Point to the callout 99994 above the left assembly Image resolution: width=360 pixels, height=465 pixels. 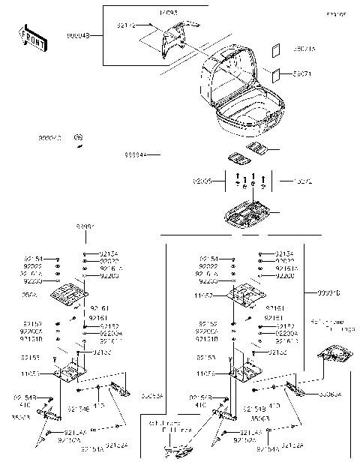pos(85,226)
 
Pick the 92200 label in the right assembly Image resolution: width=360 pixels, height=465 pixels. pos(285,276)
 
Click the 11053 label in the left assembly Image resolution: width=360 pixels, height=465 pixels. pos(51,372)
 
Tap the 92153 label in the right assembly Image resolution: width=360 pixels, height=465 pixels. pos(208,358)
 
